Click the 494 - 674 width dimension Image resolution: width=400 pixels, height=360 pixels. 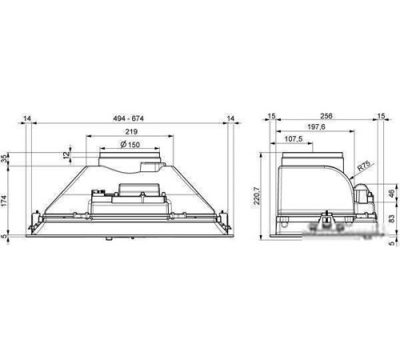click(128, 118)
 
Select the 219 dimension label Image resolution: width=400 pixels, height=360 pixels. click(131, 131)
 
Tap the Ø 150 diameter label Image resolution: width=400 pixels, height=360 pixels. click(130, 145)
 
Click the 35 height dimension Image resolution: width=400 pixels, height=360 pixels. click(4, 159)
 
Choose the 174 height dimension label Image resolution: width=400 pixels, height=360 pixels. click(4, 201)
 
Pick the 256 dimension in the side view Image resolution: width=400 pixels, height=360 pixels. click(326, 116)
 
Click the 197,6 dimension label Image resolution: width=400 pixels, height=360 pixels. click(316, 126)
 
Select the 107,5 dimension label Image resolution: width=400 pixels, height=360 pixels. click(294, 138)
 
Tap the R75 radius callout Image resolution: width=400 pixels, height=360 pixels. click(364, 166)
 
